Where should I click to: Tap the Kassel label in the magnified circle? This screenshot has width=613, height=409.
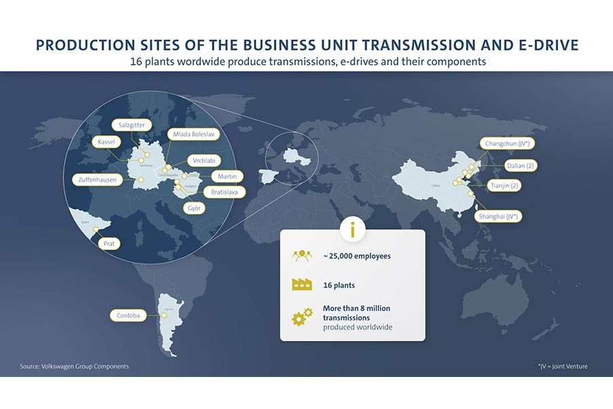point(106,142)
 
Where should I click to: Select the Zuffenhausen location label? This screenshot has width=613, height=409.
point(97,180)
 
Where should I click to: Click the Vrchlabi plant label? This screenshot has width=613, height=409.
point(204,161)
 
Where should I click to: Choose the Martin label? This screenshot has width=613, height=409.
point(223,177)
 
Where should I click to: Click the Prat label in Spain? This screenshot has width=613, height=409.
point(108,243)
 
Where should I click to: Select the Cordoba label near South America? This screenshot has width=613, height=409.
point(127,316)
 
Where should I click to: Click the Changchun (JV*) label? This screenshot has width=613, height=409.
point(508,143)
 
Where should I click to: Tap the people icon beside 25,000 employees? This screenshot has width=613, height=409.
point(302,256)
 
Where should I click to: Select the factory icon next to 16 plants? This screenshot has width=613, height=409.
point(302,284)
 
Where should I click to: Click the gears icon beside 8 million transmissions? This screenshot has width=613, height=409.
point(302,317)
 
